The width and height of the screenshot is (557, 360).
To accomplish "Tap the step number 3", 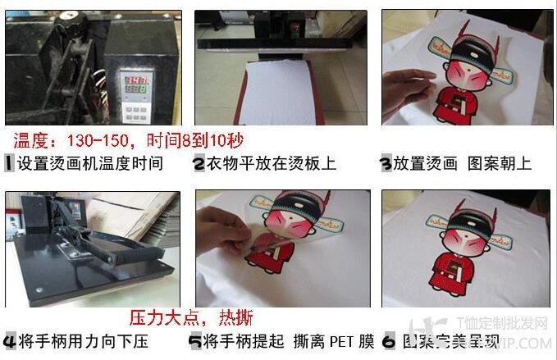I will (x=386, y=163).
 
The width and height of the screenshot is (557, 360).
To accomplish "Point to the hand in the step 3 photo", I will (x=408, y=82).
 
